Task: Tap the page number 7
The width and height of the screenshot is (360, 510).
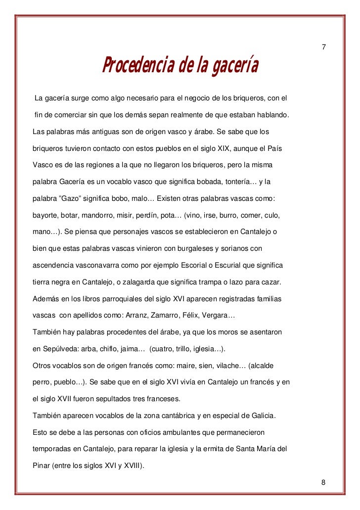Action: pos(323,47)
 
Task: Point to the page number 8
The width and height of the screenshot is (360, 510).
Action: pos(323,482)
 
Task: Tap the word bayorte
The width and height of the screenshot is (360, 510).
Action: pos(45,216)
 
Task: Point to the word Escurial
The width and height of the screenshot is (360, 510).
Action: pos(231,265)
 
